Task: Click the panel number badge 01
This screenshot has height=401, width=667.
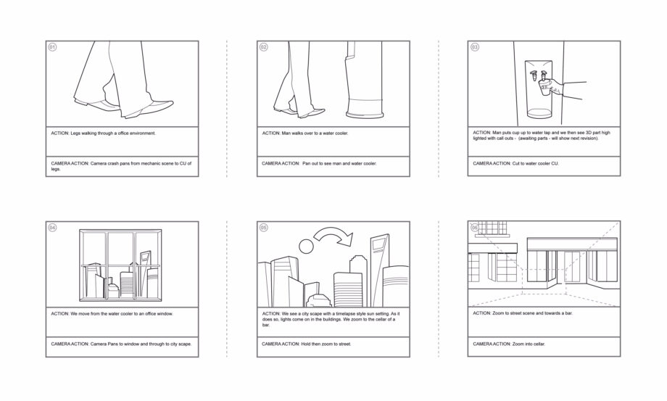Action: click(x=52, y=47)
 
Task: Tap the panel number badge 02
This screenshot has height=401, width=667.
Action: click(x=264, y=47)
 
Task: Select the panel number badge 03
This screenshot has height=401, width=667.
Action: click(x=475, y=47)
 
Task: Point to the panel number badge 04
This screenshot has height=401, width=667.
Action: click(x=52, y=228)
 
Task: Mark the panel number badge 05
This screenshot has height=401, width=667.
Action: click(x=264, y=228)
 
